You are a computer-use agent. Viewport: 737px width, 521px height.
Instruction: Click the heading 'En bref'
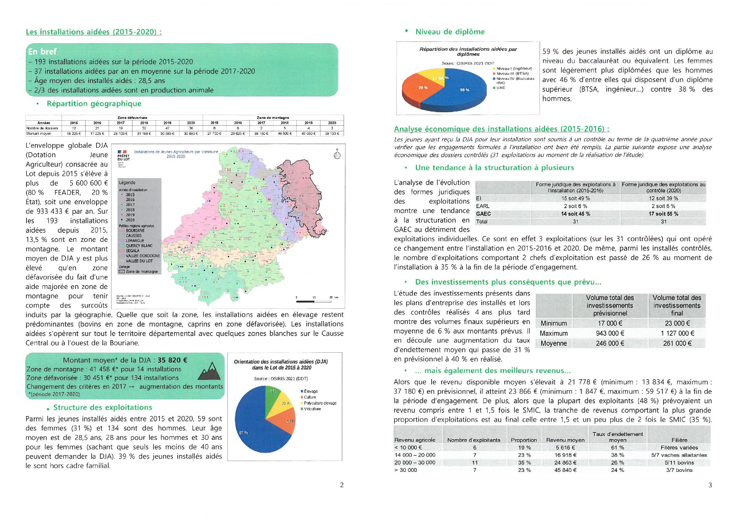[42, 52]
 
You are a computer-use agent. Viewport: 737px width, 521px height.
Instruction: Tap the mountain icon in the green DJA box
[209, 371]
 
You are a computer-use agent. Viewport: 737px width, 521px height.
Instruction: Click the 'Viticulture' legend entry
[312, 409]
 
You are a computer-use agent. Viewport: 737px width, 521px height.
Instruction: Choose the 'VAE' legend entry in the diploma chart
[501, 88]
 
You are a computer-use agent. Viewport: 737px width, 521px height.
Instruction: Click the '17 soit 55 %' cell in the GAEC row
[663, 214]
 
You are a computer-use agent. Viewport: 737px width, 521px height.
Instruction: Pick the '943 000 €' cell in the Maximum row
[610, 334]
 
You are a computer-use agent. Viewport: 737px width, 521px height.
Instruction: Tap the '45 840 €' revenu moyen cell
[565, 470]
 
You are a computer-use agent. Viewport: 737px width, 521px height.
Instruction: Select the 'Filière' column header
[679, 440]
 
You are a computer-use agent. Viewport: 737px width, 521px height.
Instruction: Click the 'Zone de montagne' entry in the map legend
[141, 271]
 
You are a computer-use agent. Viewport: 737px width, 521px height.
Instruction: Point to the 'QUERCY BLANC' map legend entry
[139, 246]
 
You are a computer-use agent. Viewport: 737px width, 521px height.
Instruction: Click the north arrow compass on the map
[337, 154]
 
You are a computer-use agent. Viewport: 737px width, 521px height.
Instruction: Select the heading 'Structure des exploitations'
[102, 407]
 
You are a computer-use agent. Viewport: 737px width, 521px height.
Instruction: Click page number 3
[710, 485]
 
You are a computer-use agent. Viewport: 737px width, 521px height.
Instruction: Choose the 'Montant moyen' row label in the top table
[39, 133]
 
